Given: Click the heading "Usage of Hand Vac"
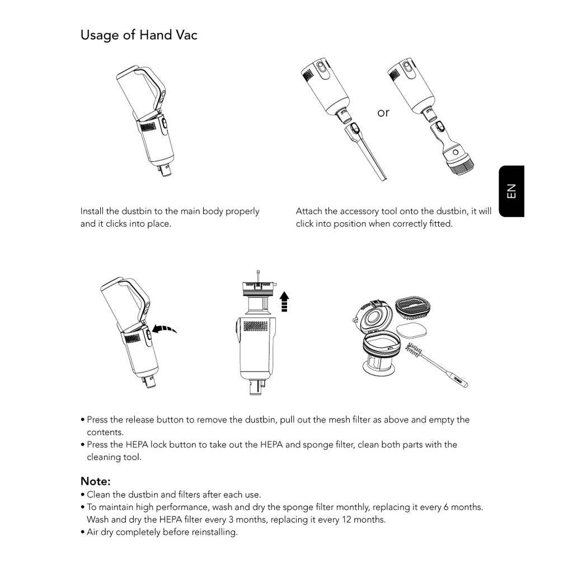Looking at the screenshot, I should (x=139, y=35).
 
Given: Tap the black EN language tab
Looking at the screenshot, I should (x=511, y=191).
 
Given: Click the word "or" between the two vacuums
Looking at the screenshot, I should (x=383, y=113).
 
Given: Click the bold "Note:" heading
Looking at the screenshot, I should (x=96, y=481).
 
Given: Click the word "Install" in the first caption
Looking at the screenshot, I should (x=92, y=212).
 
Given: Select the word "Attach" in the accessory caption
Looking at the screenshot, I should (x=308, y=212).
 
